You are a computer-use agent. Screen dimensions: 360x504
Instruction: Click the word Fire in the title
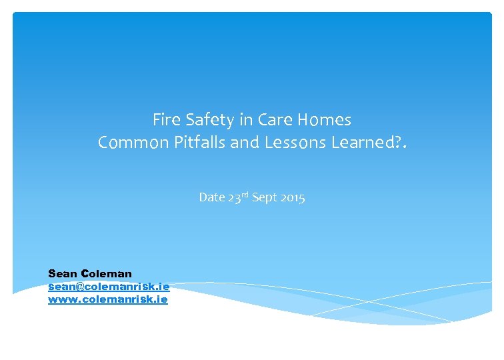pyautogui.click(x=165, y=120)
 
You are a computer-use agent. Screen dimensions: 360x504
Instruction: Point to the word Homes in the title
pyautogui.click(x=323, y=120)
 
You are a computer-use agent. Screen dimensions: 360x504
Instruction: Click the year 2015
pyautogui.click(x=293, y=197)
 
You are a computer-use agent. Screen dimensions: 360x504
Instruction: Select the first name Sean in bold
pyautogui.click(x=63, y=273)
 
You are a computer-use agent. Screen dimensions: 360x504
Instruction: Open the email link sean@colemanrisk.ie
pyautogui.click(x=109, y=286)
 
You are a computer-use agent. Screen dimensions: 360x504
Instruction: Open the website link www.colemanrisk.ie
pyautogui.click(x=108, y=299)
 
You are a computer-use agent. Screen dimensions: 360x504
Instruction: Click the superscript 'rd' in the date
pyautogui.click(x=243, y=195)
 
